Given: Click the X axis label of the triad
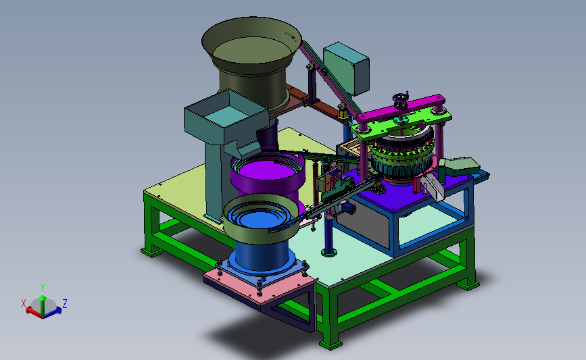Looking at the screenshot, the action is tap(24, 303).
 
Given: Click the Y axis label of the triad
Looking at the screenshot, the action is tap(43, 288).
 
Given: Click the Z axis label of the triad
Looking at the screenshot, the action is tap(65, 304).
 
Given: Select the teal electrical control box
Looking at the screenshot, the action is tap(347, 68).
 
